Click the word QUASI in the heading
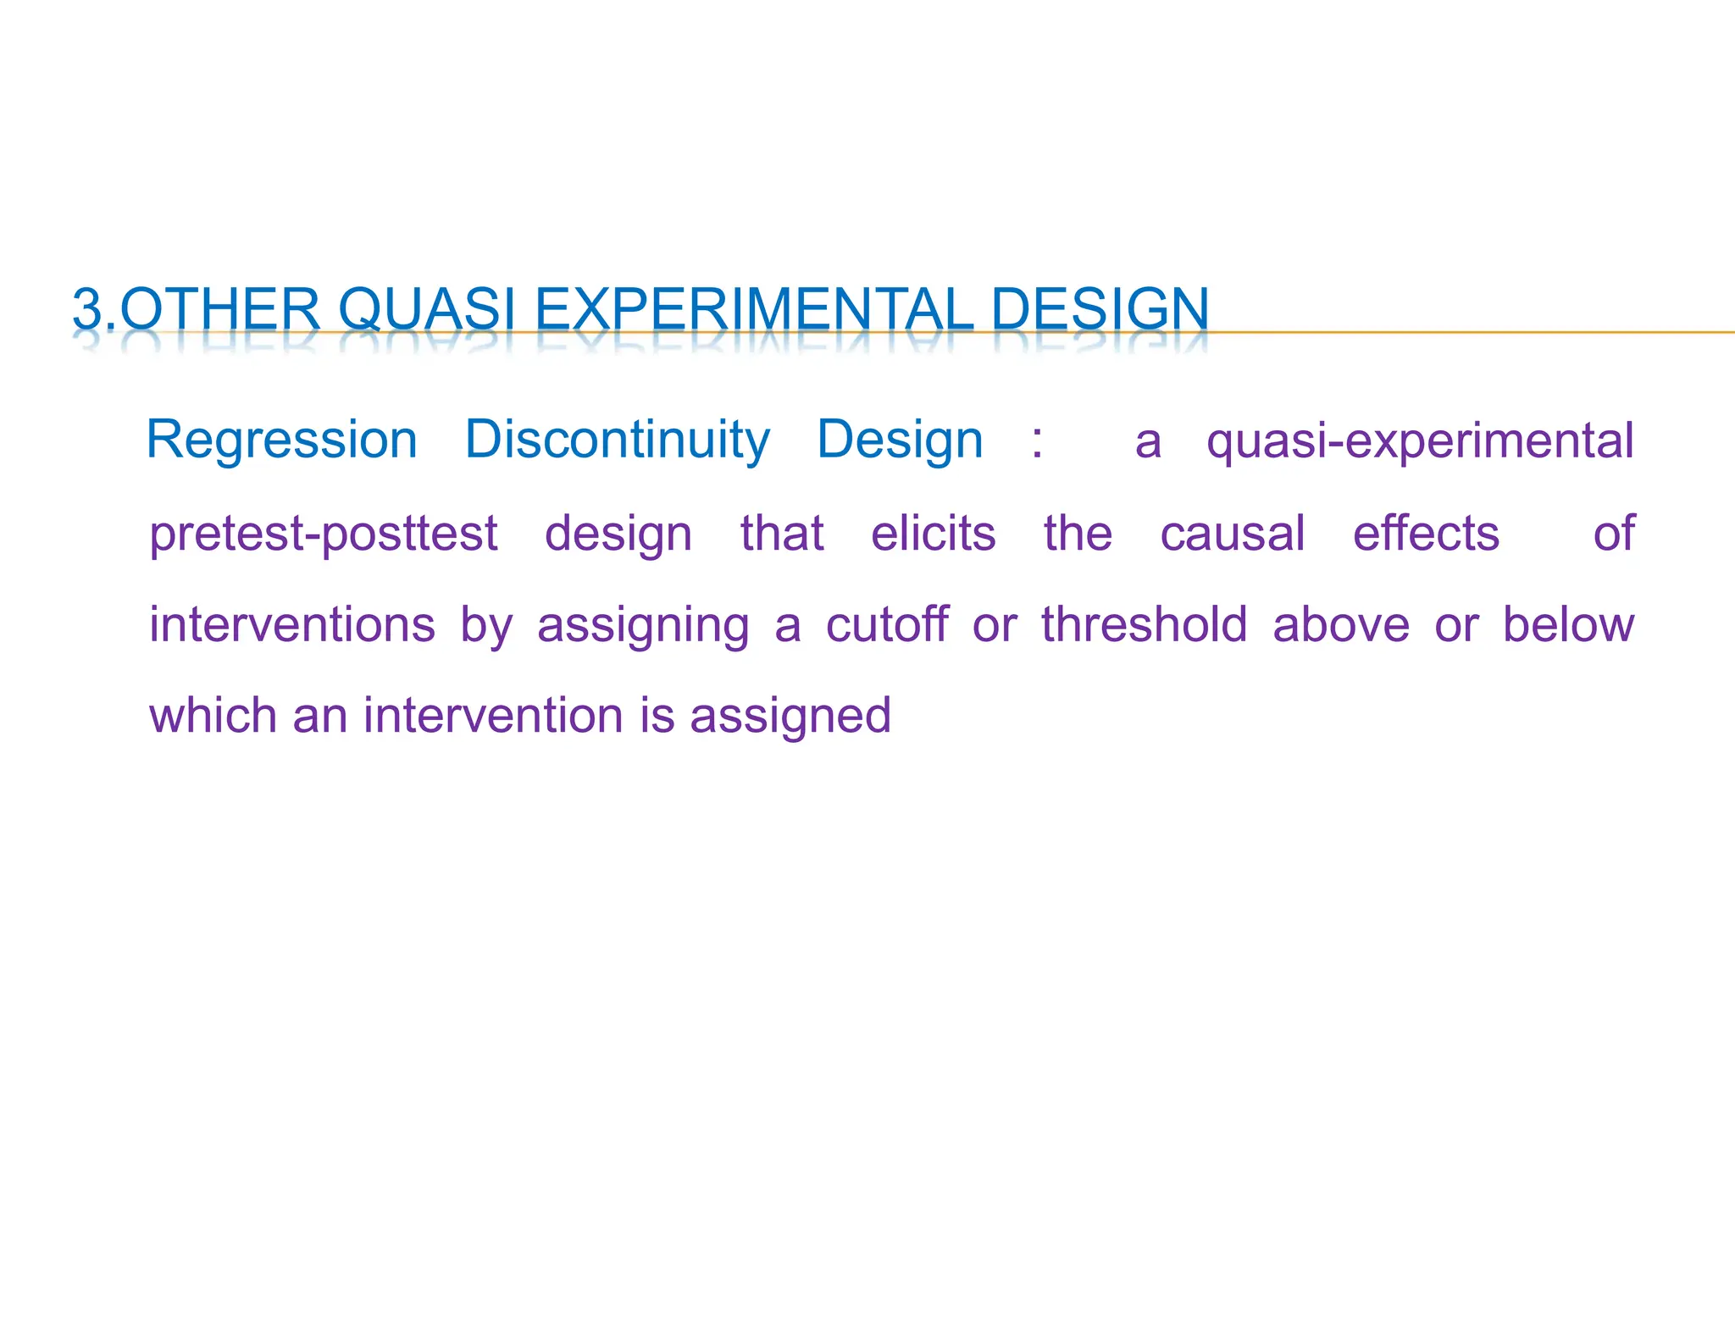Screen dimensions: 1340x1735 (427, 309)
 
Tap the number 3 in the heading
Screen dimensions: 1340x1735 (87, 309)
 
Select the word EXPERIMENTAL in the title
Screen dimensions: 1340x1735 (753, 309)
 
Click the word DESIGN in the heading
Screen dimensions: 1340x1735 (1099, 309)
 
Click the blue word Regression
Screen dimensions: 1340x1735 (282, 440)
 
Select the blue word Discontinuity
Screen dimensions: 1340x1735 (618, 440)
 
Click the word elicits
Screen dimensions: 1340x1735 (934, 534)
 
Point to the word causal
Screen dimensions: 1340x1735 (1233, 534)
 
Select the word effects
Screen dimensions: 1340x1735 (1426, 534)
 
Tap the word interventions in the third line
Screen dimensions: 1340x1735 (292, 625)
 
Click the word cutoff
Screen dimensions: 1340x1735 (887, 625)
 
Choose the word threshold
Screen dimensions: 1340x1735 (1145, 625)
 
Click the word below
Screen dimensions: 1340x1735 (1568, 625)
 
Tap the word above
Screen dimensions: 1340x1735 (1341, 625)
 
